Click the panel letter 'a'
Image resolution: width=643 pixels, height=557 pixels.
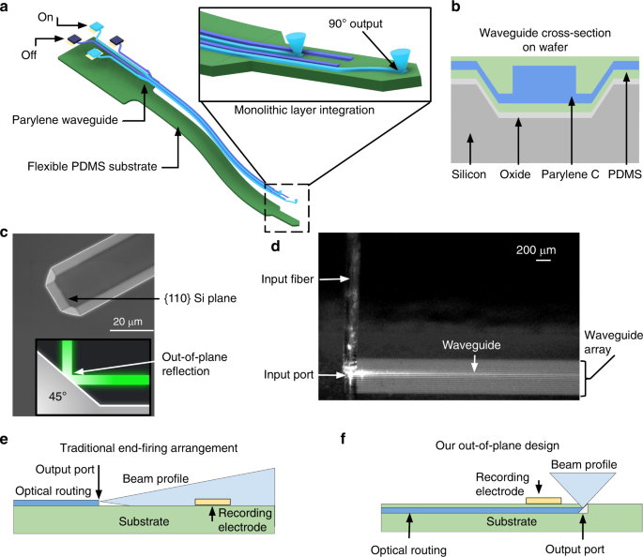click(7, 8)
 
